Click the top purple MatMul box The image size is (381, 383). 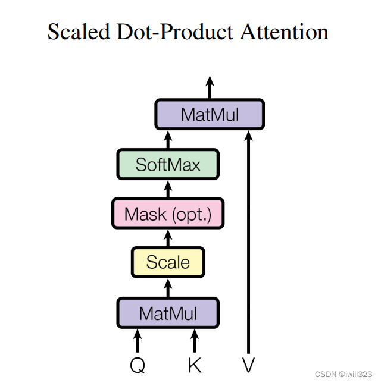[x=209, y=114]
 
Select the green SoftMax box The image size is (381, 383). [x=168, y=164]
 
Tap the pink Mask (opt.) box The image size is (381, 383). [x=168, y=214]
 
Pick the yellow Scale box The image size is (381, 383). [x=168, y=262]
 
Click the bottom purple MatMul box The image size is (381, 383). [x=168, y=312]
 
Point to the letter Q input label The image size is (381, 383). [x=138, y=365]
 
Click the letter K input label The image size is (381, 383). [x=194, y=365]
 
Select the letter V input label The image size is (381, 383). [x=248, y=365]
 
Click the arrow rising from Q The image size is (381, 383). [x=138, y=341]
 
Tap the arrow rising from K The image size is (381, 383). [x=194, y=341]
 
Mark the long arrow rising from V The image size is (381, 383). [x=248, y=238]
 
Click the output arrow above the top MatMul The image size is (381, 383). [x=209, y=88]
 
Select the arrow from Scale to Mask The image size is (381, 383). [x=168, y=238]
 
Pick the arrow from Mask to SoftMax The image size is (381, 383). [x=168, y=189]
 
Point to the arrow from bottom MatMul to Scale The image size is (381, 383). [x=168, y=288]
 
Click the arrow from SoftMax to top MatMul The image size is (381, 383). [x=168, y=139]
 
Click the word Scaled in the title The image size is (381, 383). [x=79, y=31]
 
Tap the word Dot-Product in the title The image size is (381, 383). [x=177, y=31]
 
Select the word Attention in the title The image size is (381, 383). [x=284, y=31]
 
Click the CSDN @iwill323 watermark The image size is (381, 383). [x=345, y=374]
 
